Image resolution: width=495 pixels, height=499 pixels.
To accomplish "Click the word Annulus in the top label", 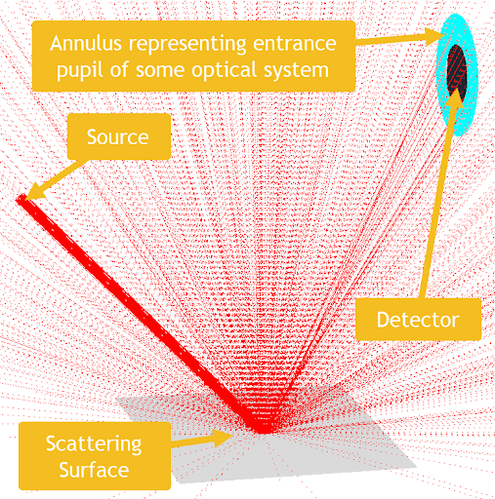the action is click(x=86, y=43).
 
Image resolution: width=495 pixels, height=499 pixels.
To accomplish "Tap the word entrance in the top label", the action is click(x=295, y=44).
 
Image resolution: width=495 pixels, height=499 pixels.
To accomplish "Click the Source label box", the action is click(x=119, y=136).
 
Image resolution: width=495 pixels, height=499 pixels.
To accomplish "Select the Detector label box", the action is click(x=418, y=320).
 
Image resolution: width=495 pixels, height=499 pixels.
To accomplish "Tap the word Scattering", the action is click(x=94, y=444).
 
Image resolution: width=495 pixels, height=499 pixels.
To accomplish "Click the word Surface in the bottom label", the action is click(x=94, y=470).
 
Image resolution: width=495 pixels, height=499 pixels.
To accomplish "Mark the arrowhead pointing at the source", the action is click(x=34, y=193).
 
